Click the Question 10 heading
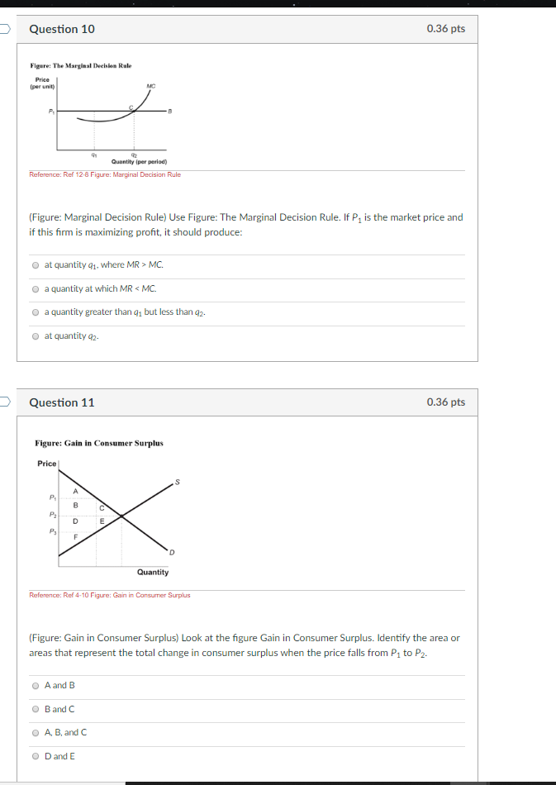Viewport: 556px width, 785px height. click(x=62, y=29)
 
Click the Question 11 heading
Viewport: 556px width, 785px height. click(x=62, y=402)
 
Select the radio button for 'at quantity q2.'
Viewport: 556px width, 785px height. click(x=36, y=335)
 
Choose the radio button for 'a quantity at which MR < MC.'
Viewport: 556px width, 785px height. click(x=36, y=288)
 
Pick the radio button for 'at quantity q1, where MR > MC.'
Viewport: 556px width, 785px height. click(x=36, y=265)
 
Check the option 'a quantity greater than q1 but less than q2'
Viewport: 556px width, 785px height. click(x=36, y=312)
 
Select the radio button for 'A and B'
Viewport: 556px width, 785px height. click(x=36, y=685)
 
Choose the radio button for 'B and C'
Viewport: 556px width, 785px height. click(x=36, y=709)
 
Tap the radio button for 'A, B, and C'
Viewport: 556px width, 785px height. click(x=36, y=732)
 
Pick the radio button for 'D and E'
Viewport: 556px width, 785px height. click(x=36, y=756)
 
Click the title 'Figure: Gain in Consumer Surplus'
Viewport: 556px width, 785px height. click(x=98, y=443)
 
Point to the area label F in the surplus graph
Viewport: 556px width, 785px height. click(x=76, y=537)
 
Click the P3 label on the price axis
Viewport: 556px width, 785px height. click(x=51, y=532)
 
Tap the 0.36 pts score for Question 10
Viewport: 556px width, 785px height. click(x=445, y=29)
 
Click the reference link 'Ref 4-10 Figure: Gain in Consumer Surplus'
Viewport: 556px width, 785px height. click(x=110, y=595)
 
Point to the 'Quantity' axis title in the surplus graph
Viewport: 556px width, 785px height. click(x=153, y=572)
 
